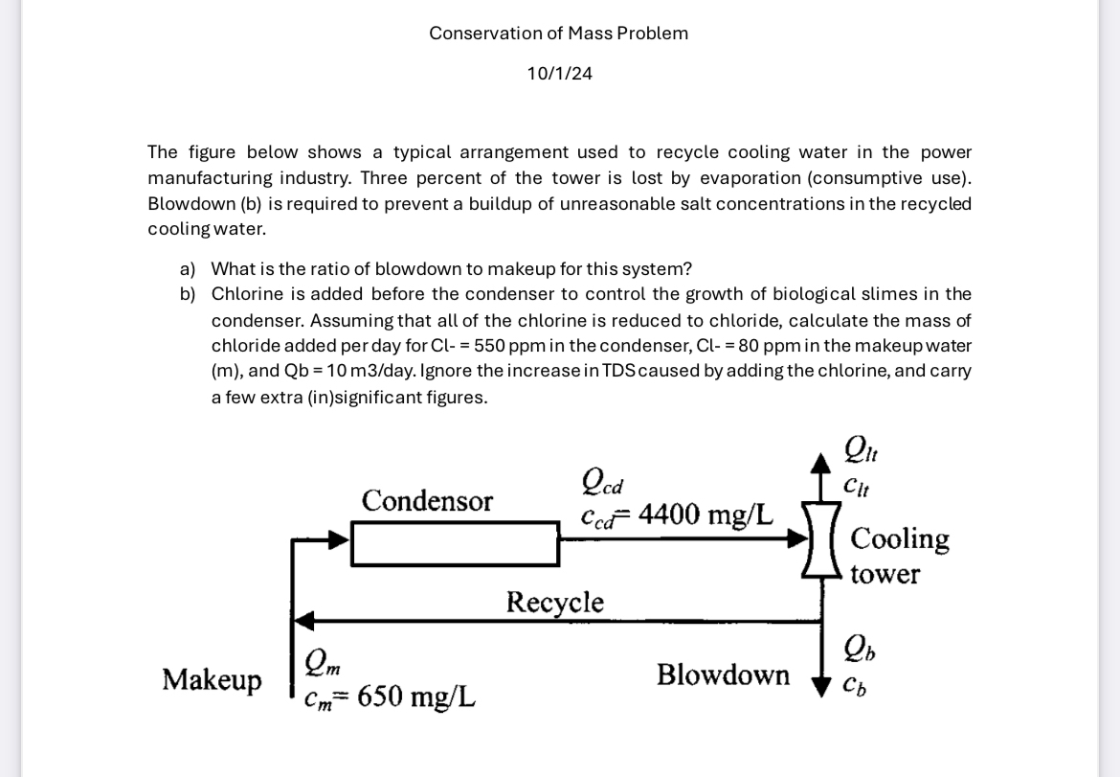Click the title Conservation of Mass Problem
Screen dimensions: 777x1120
coord(558,34)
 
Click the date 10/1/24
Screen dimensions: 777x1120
coord(559,74)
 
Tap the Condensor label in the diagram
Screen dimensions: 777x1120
coord(427,500)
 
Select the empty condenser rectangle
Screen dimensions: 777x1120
coord(455,543)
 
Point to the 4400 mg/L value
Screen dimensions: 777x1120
coord(706,514)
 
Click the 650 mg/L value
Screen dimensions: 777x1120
coord(415,696)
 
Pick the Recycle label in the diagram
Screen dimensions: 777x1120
coord(554,602)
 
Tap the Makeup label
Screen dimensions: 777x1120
coord(212,679)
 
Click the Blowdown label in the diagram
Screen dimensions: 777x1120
coord(723,674)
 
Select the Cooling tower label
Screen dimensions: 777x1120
coord(898,555)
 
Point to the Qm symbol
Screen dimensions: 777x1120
coord(319,662)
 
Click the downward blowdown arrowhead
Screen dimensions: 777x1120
coord(821,685)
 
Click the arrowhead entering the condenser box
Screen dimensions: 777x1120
coord(339,540)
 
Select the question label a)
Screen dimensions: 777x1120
coord(188,269)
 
